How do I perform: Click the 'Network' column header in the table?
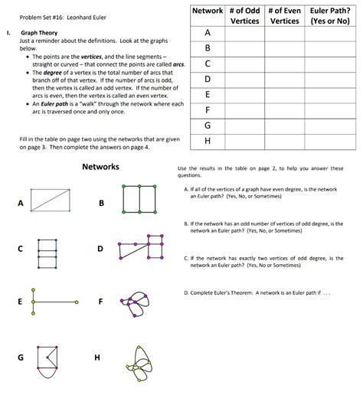tap(207, 11)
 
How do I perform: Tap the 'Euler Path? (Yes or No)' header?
tap(329, 16)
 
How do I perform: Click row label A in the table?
tap(207, 33)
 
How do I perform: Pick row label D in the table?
tap(207, 79)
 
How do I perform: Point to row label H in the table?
tap(207, 141)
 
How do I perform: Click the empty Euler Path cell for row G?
tap(329, 125)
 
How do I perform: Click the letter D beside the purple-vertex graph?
tap(100, 249)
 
